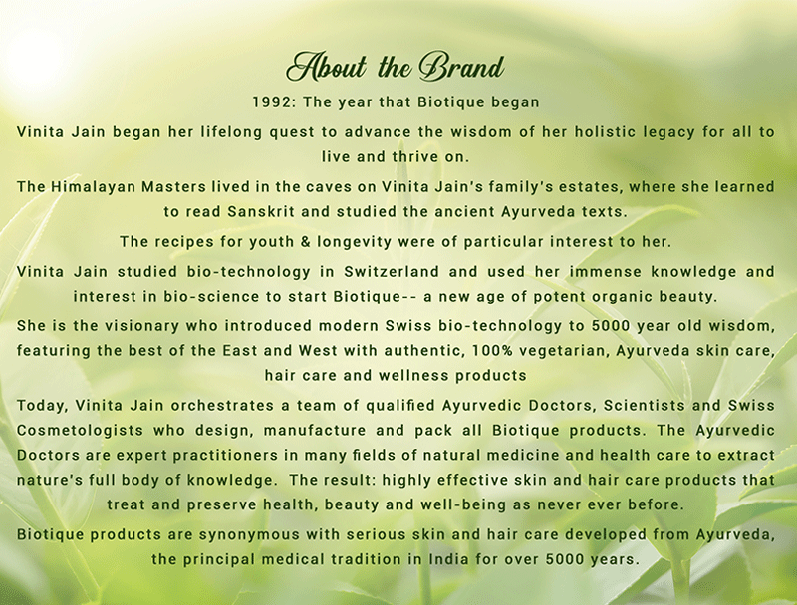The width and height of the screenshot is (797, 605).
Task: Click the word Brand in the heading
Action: (x=462, y=68)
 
